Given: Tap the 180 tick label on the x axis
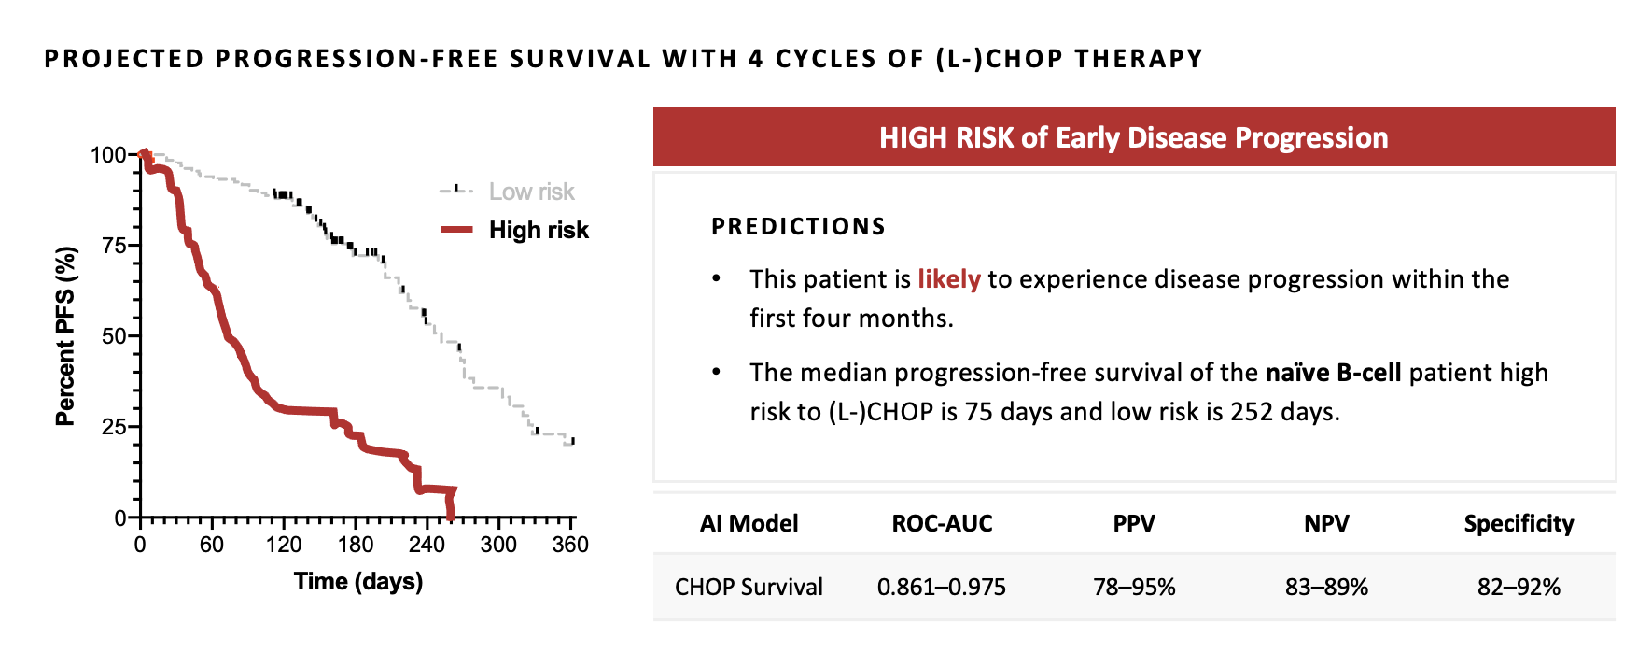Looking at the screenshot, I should [x=356, y=546].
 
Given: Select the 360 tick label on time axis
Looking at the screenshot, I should [x=570, y=546].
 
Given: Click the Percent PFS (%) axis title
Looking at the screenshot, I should [x=64, y=336].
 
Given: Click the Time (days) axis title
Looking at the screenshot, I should [x=358, y=582].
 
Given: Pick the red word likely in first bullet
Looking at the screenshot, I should [x=948, y=279].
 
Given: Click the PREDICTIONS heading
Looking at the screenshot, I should [x=798, y=227].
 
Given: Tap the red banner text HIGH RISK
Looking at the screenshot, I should [x=945, y=138].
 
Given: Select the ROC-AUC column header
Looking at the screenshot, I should [x=942, y=524].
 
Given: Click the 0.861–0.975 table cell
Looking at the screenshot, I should [x=942, y=588].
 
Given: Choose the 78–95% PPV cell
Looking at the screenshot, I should [x=1134, y=588].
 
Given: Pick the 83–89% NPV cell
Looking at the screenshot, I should [x=1326, y=588].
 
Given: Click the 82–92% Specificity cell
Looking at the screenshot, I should [x=1519, y=588].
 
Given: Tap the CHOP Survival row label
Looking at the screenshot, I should [x=749, y=588].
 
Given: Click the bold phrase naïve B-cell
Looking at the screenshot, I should [x=1333, y=373].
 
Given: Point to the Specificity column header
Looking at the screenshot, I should [x=1519, y=524].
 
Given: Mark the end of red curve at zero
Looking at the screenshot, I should [x=451, y=517].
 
